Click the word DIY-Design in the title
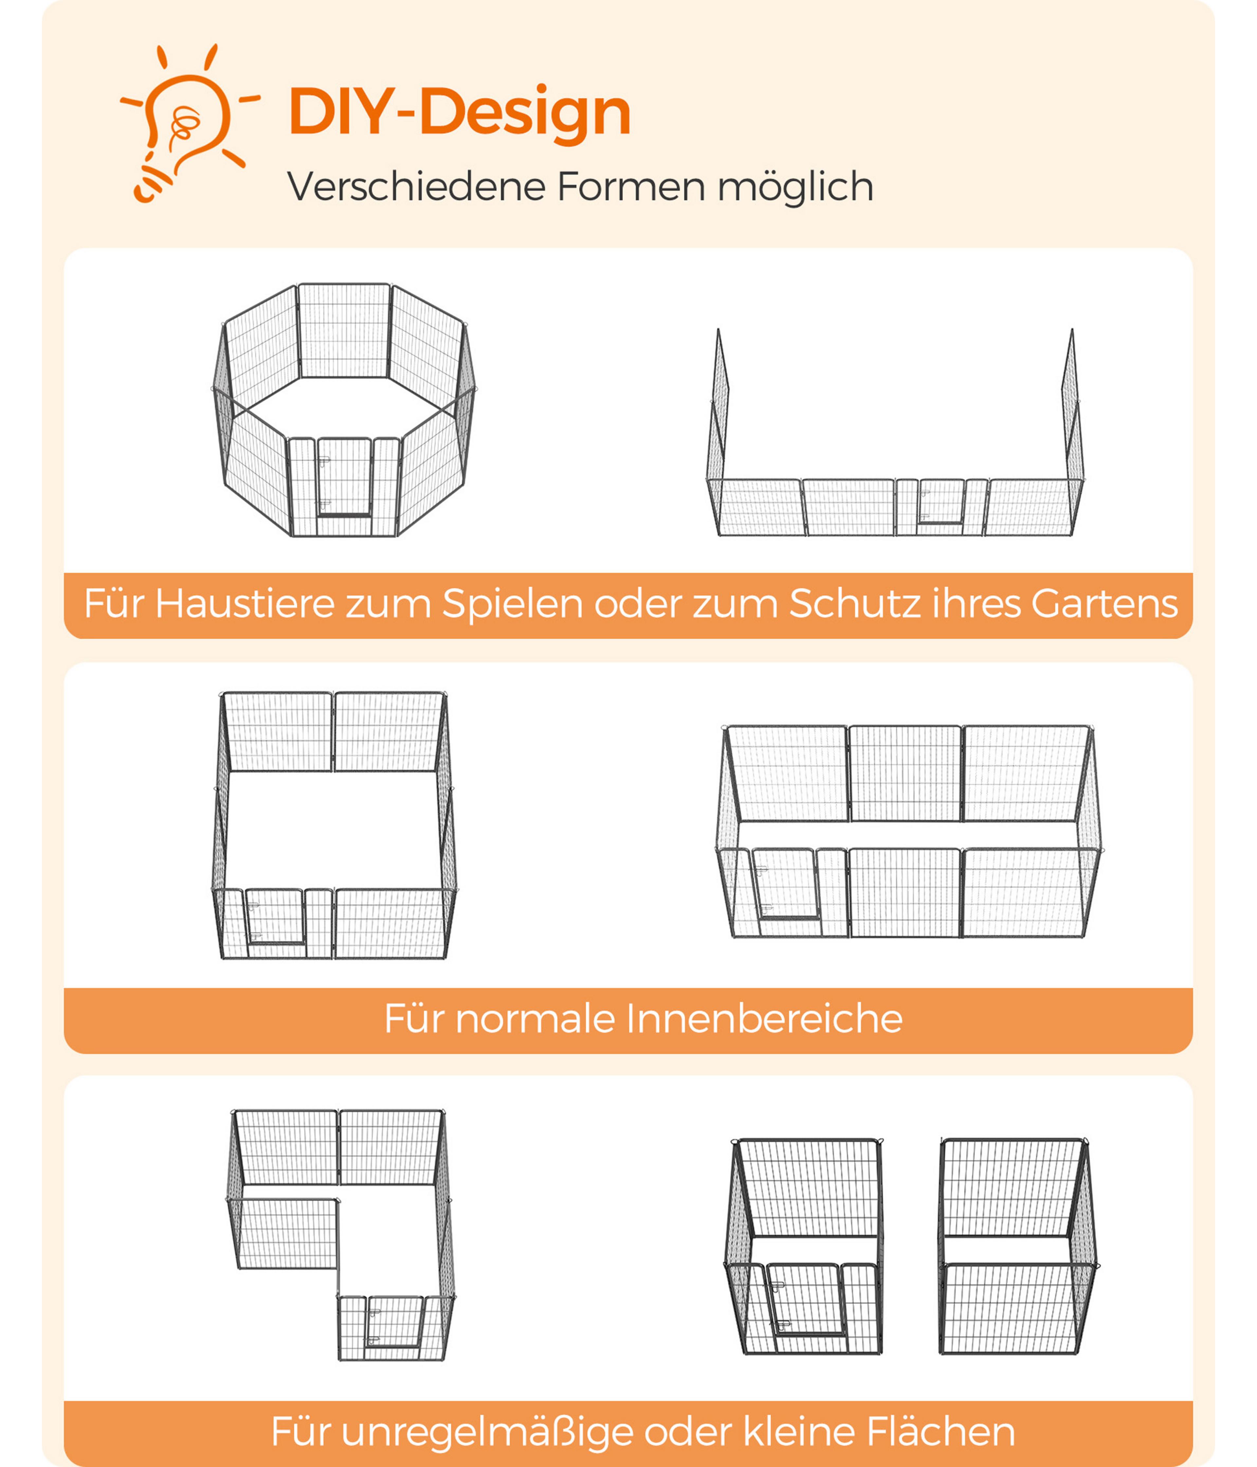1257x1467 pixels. pyautogui.click(x=459, y=112)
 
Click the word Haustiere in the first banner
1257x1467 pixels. pyautogui.click(x=245, y=604)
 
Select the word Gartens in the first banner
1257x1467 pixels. pyautogui.click(x=1104, y=604)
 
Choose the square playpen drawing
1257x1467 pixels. pyautogui.click(x=334, y=826)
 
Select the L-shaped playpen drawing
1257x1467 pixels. pyautogui.click(x=340, y=1235)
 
